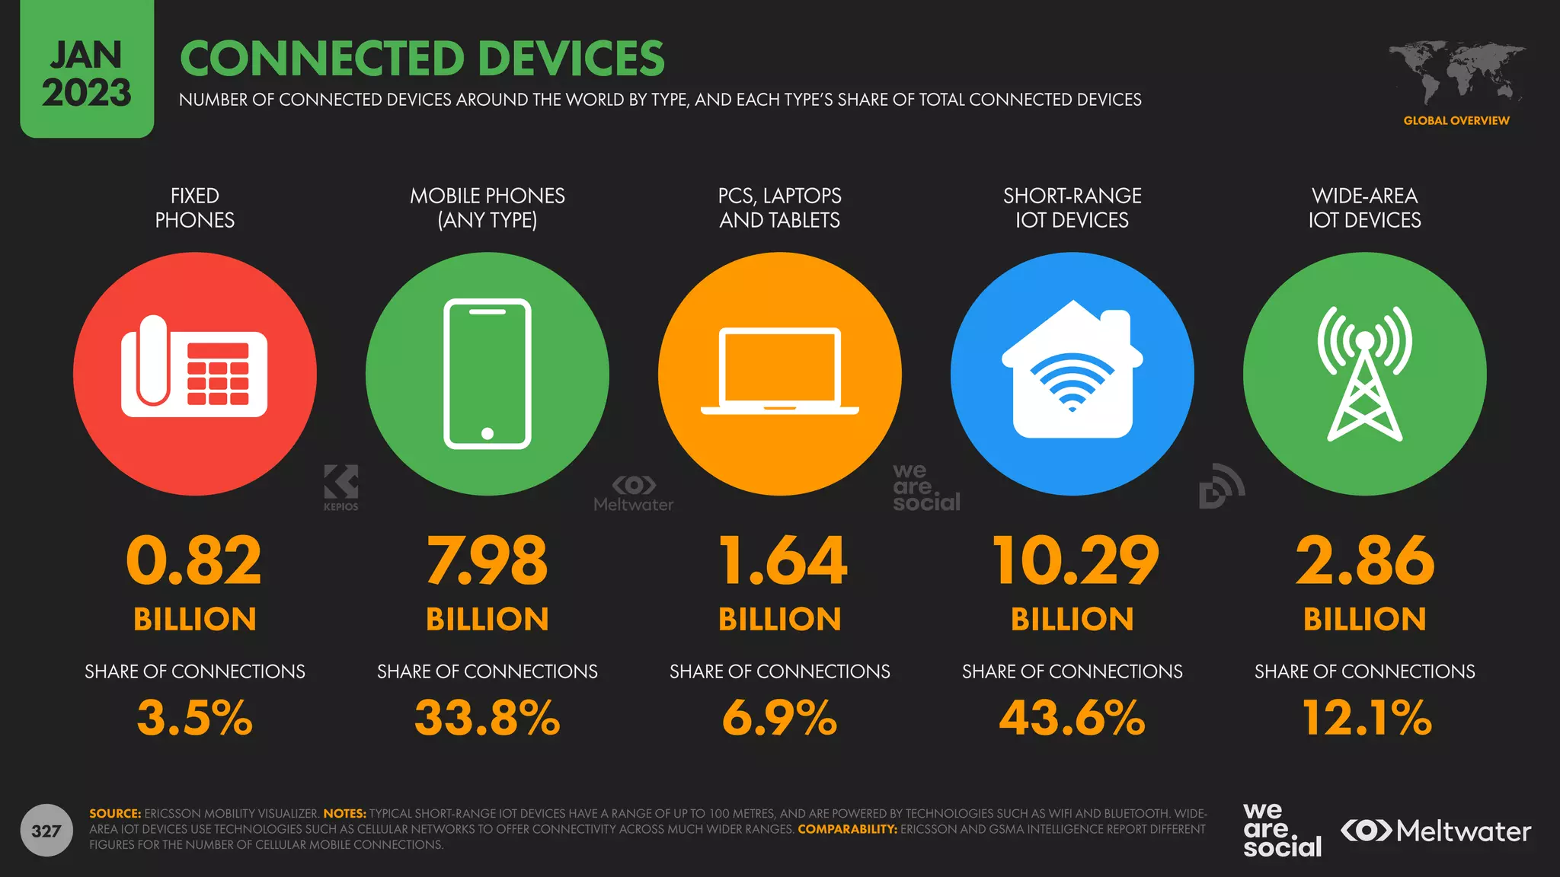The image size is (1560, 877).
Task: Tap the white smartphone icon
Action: point(487,374)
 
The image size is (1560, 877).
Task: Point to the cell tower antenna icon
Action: point(1364,374)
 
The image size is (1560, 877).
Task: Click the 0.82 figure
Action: point(194,561)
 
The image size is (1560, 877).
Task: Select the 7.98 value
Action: point(487,561)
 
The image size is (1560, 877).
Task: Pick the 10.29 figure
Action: point(1075,561)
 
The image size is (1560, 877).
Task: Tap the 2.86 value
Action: point(1365,561)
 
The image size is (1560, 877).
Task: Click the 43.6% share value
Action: point(1072,718)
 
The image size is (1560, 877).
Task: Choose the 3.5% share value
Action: point(194,718)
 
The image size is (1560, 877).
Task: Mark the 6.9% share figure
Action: point(779,718)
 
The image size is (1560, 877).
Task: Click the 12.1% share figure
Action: point(1367,718)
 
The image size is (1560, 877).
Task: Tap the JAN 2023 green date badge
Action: point(87,73)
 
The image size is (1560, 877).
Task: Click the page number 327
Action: point(46,831)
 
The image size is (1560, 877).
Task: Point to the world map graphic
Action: point(1456,72)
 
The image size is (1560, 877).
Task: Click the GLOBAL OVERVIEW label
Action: point(1456,120)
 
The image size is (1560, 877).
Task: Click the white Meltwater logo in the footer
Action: point(1436,831)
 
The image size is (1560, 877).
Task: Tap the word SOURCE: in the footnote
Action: point(115,813)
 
